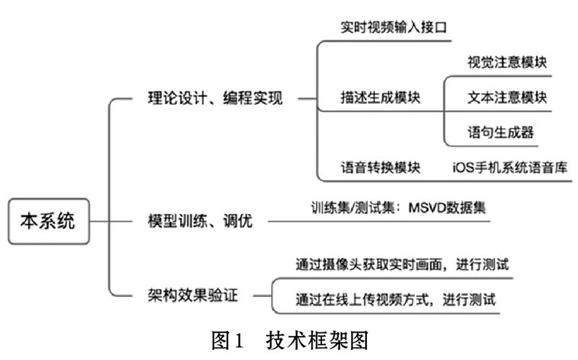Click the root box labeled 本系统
point(48,221)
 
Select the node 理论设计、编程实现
point(215,98)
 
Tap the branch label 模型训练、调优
point(200,221)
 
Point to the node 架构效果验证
point(193,296)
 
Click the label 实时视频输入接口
point(394,27)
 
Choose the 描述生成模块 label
point(381,98)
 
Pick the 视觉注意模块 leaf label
point(507,62)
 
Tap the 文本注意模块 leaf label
point(507,98)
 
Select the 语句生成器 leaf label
point(501,132)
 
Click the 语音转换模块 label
point(381,168)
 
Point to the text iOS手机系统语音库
point(510,168)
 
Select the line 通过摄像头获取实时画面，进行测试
point(402,265)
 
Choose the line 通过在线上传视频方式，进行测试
point(395,299)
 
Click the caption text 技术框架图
point(317,340)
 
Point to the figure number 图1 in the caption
point(228,340)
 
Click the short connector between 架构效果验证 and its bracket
point(262,296)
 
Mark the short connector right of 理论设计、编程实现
point(308,99)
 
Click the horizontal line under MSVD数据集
point(379,222)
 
